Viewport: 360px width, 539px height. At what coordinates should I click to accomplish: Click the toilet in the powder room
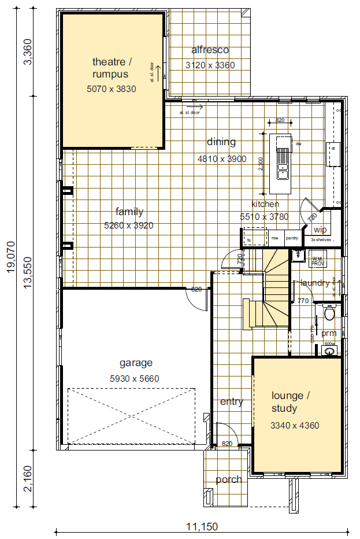[330, 314]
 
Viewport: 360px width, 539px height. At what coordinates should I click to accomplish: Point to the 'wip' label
[320, 230]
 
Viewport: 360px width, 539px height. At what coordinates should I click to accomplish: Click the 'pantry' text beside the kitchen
[292, 238]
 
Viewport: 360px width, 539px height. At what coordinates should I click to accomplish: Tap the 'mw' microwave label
[275, 238]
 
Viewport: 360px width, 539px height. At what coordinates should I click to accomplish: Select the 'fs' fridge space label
[249, 239]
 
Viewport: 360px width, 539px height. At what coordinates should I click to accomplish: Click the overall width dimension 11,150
[202, 526]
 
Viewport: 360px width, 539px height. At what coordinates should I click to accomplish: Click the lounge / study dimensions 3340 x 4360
[295, 426]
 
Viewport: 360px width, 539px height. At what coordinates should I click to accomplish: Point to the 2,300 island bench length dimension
[261, 164]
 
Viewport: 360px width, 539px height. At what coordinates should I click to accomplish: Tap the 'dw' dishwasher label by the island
[299, 143]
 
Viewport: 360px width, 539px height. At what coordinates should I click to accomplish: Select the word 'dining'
[221, 142]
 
